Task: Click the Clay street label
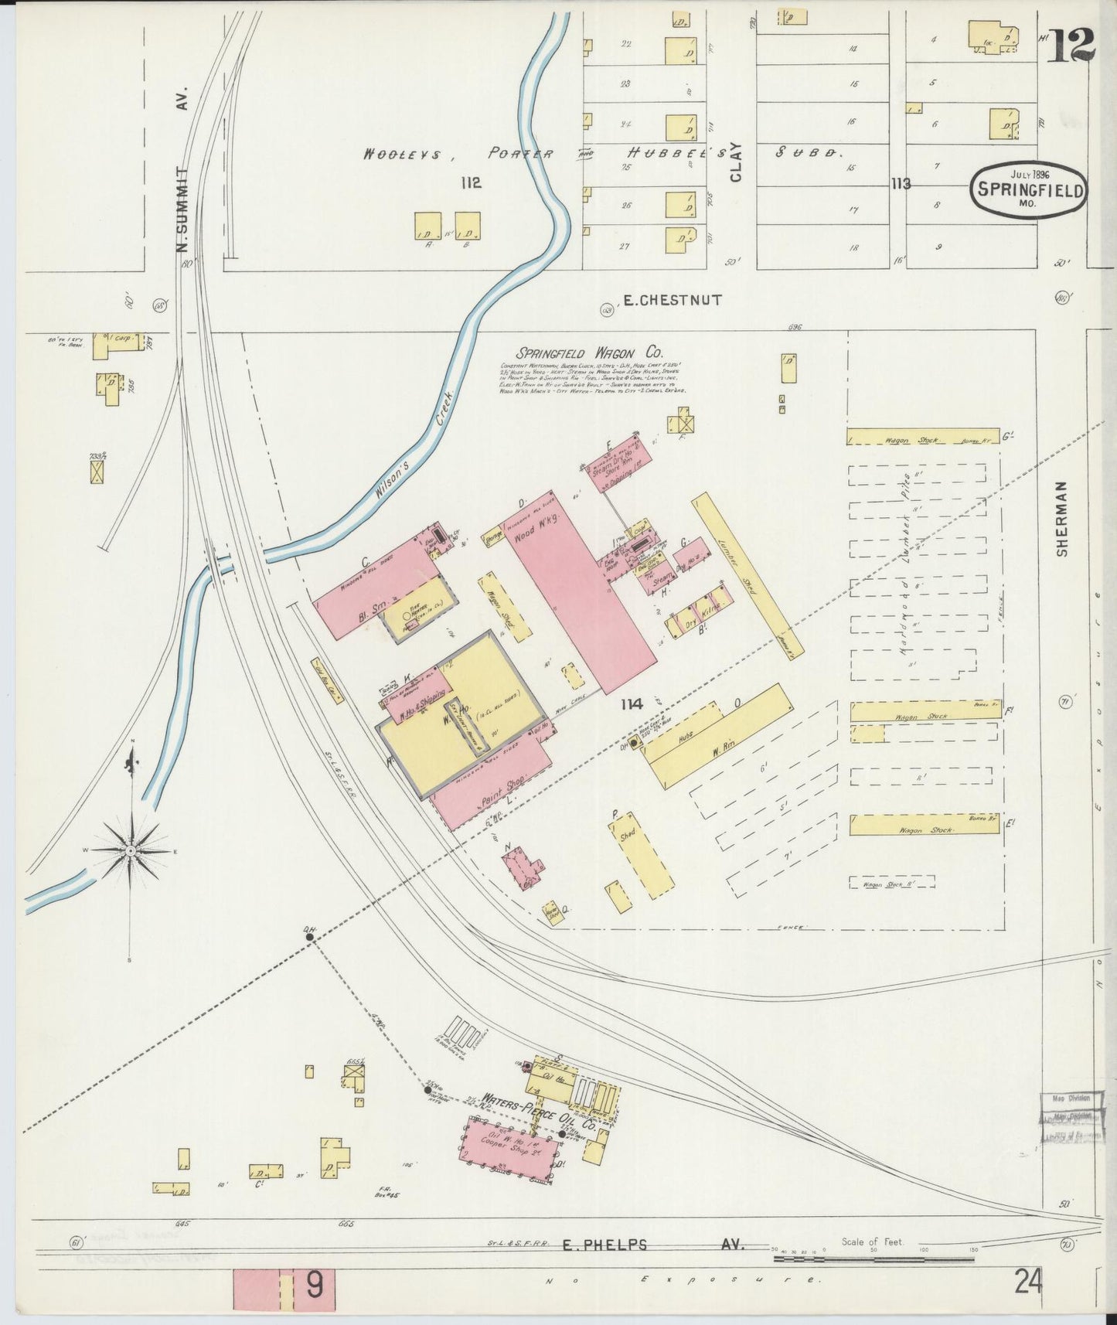pyautogui.click(x=735, y=162)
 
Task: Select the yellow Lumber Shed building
pyautogui.click(x=748, y=572)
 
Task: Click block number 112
pyautogui.click(x=469, y=182)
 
